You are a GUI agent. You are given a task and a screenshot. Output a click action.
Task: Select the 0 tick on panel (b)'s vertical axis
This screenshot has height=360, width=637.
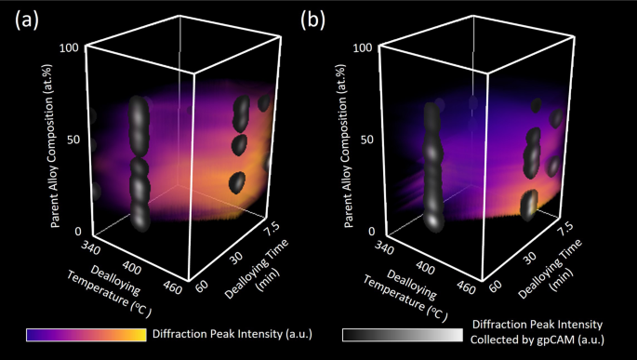coord(369,232)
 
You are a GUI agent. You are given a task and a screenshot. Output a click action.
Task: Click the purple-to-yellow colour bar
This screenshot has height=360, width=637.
coord(86,334)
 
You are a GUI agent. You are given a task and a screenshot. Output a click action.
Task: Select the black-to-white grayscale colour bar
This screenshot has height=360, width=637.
coord(401,334)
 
